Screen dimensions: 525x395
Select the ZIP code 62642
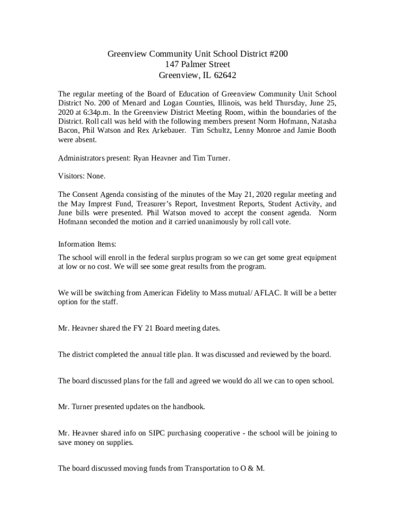point(225,75)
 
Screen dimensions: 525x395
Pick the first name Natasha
point(322,122)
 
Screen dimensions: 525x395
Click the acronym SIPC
point(160,433)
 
